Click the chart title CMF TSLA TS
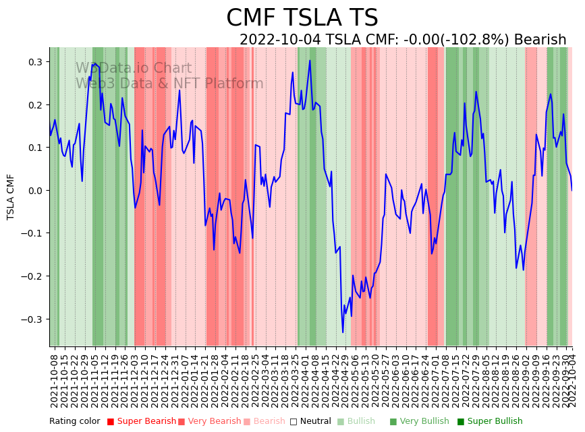(302, 18)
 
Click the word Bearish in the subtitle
(540, 40)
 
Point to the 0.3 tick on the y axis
(34, 62)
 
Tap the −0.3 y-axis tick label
(32, 319)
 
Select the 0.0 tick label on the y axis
(34, 191)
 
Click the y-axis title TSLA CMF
(11, 197)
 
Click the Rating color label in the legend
(74, 422)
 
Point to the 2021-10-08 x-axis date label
(55, 382)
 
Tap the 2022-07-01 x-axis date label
(433, 382)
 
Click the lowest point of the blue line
(343, 332)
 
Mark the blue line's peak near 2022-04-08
(310, 61)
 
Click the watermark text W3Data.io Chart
(134, 69)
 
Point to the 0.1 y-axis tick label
(34, 148)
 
